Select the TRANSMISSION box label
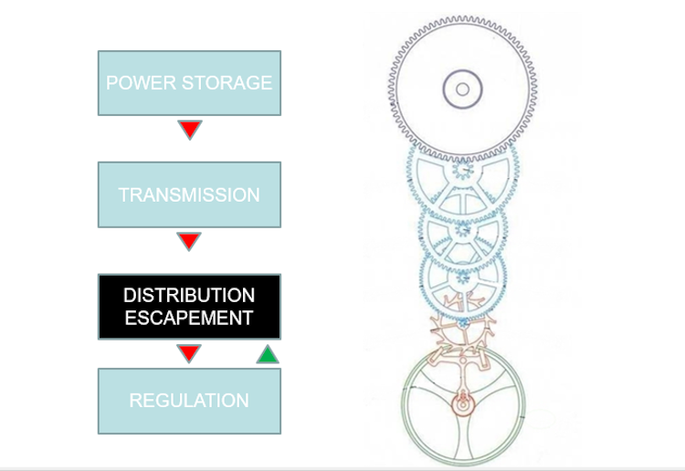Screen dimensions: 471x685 (x=189, y=195)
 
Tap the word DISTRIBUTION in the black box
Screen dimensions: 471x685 (x=189, y=296)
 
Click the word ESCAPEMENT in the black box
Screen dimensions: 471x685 (x=189, y=319)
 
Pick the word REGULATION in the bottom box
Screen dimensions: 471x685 (x=189, y=401)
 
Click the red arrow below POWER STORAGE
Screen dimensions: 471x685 (x=189, y=129)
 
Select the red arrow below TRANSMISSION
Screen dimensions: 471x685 (x=189, y=241)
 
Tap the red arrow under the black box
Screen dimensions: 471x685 (x=189, y=352)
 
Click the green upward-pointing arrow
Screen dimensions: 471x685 (x=268, y=353)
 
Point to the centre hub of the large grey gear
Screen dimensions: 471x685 (x=462, y=89)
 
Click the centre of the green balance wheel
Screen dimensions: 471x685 (x=462, y=403)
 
